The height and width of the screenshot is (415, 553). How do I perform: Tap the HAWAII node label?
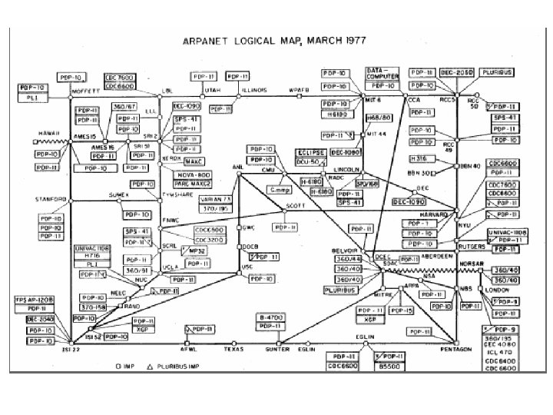pyautogui.click(x=45, y=131)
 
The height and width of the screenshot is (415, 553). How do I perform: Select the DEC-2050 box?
pyautogui.click(x=459, y=71)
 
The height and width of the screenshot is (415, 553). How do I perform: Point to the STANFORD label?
pyautogui.click(x=50, y=199)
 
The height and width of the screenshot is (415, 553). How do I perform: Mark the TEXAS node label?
pyautogui.click(x=233, y=347)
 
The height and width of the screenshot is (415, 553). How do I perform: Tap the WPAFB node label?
pyautogui.click(x=298, y=90)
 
